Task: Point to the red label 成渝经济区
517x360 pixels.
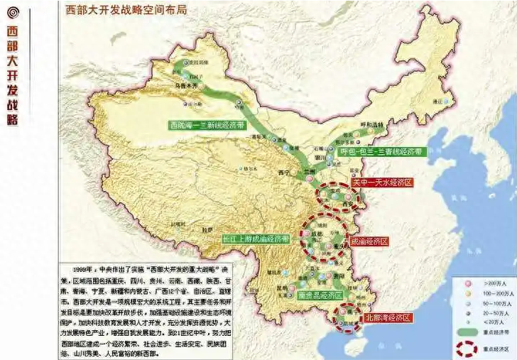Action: click(369, 241)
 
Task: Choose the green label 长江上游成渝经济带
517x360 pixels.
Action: click(255, 239)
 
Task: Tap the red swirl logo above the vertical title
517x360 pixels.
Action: click(12, 12)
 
